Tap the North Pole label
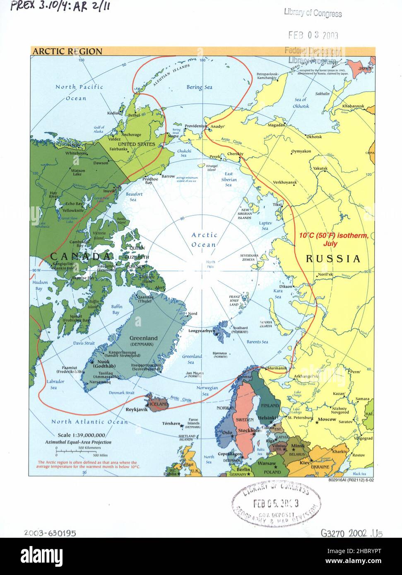(211, 264)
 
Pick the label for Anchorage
(130, 135)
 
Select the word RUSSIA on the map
(333, 259)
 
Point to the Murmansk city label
(277, 368)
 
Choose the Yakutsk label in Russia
(320, 168)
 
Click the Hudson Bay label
(41, 285)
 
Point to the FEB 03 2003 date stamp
(313, 35)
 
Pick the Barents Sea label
(258, 342)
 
